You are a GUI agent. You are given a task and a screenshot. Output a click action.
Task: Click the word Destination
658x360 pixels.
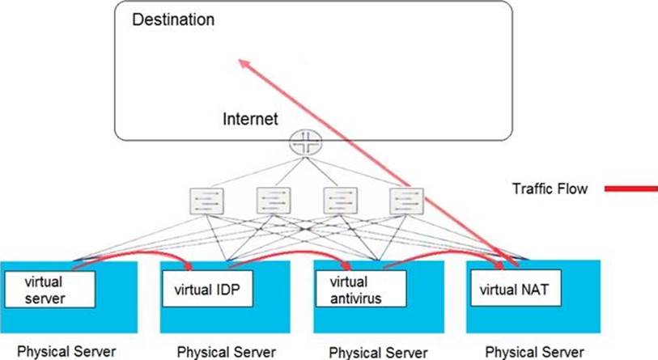[x=173, y=19]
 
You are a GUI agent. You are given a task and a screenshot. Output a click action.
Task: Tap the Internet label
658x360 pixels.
[x=250, y=119]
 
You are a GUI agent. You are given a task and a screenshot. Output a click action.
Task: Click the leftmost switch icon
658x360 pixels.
[x=203, y=201]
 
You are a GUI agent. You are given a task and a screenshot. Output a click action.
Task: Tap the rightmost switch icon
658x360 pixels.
[x=402, y=201]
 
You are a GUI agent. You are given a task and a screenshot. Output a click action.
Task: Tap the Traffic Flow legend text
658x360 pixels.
[x=548, y=188]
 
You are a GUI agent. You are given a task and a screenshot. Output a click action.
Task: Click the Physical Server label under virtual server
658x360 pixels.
[x=66, y=352]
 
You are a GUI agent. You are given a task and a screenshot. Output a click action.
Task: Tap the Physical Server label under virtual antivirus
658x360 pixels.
[x=378, y=352]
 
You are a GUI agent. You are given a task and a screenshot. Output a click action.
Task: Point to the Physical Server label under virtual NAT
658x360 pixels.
[x=533, y=352]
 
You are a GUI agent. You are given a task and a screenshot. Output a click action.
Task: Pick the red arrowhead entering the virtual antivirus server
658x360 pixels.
[x=349, y=267]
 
